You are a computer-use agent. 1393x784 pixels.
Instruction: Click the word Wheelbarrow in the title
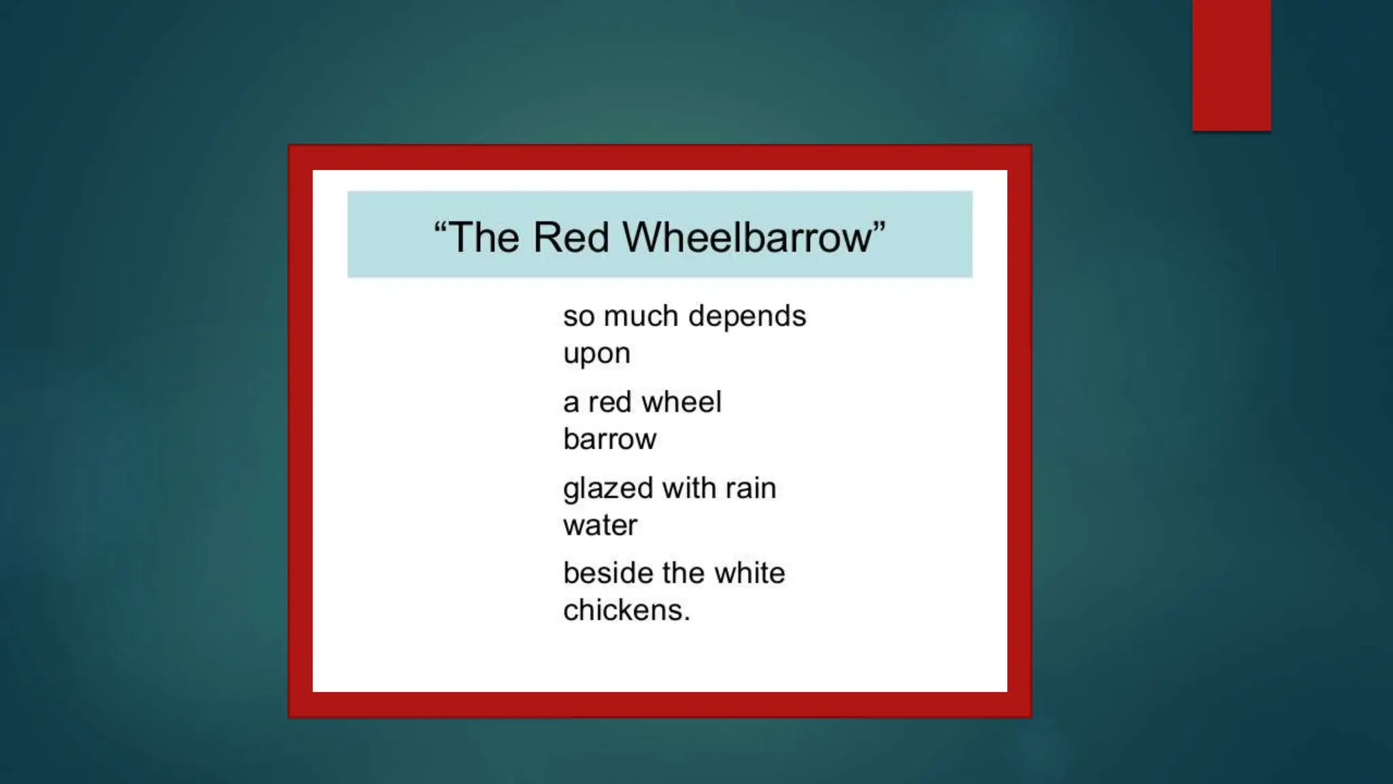tap(746, 238)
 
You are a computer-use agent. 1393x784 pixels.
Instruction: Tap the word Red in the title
tap(570, 238)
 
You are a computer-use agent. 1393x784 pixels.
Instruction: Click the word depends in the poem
tap(747, 316)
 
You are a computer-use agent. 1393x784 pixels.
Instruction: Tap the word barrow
tap(609, 439)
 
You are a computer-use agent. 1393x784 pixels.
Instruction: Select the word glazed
tap(608, 489)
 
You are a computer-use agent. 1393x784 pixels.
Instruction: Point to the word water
tap(600, 525)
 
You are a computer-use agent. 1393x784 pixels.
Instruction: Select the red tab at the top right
tap(1231, 65)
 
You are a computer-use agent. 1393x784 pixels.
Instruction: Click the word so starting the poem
tap(577, 316)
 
